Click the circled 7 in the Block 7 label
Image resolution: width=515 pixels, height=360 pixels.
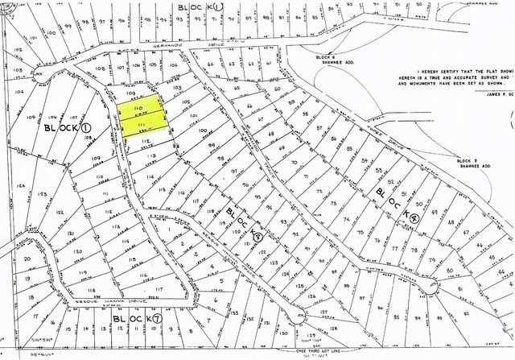tap(158, 320)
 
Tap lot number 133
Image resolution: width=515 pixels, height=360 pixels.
tap(235, 310)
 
